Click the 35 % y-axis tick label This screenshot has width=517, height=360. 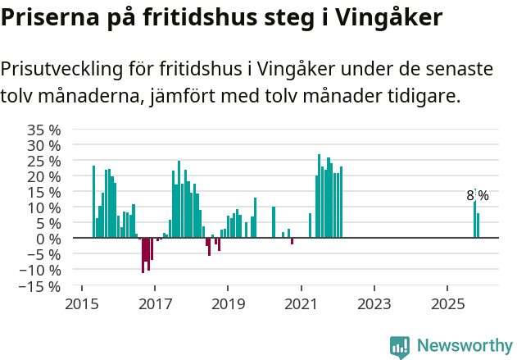tap(43, 130)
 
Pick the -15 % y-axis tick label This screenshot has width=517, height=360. tap(40, 286)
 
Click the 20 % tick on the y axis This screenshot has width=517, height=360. tap(43, 176)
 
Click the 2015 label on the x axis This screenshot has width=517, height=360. tap(81, 304)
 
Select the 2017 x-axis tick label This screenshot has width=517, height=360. tap(155, 304)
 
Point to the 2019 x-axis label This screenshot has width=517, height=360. tap(228, 304)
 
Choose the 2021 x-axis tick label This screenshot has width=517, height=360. tap(301, 304)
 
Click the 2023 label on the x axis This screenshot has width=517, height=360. tap(374, 304)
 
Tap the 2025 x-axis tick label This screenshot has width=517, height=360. tap(447, 304)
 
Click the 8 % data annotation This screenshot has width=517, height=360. tap(478, 196)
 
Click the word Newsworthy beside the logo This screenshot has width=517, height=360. tap(464, 345)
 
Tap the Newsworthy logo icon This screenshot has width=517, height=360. tap(400, 346)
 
